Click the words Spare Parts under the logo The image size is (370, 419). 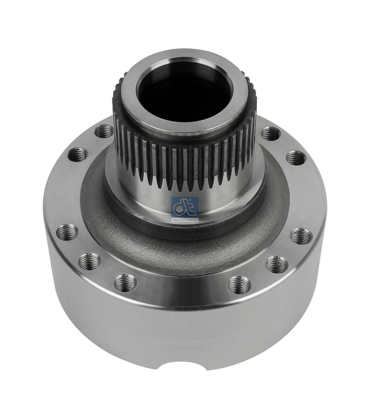[x=185, y=220]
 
